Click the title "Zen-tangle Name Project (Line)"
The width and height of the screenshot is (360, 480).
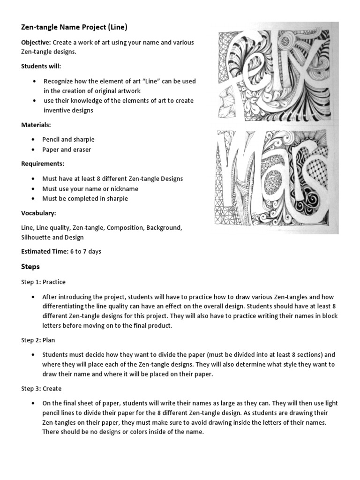coord(74,27)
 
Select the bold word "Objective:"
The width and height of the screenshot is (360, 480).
coord(37,42)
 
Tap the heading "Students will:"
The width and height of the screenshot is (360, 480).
coord(41,66)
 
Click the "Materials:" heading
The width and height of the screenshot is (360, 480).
coord(36,125)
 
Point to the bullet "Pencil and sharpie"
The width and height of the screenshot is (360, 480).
coord(68,140)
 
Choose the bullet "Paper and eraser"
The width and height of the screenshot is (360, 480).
coord(67,150)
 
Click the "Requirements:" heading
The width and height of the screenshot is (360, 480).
coord(43,164)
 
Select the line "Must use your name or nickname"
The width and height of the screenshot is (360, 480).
coord(90,188)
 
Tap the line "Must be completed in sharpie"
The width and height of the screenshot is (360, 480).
coord(85,198)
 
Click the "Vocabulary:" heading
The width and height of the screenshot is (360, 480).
coord(38,213)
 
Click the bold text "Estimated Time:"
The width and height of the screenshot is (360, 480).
coord(44,251)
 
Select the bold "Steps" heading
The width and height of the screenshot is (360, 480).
coord(30,267)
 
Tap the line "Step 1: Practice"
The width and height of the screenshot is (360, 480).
coord(43,282)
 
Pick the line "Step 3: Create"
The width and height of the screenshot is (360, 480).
coord(41,389)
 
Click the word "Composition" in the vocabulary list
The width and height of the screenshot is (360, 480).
coord(124,227)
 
